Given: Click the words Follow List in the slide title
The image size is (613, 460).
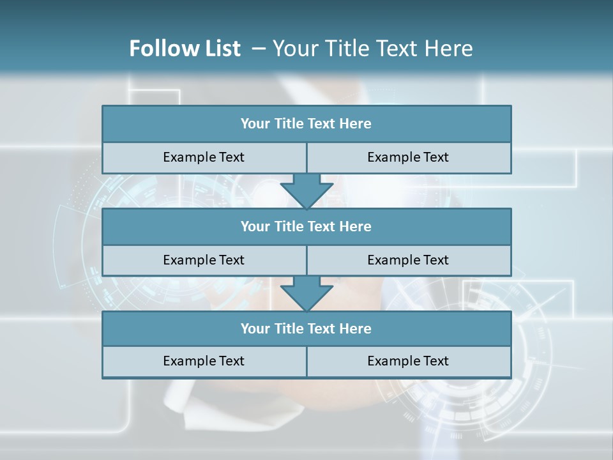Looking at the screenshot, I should pos(185,49).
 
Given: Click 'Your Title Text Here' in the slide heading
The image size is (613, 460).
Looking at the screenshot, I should pos(372,49).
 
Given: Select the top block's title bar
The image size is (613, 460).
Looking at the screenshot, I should pos(306,124).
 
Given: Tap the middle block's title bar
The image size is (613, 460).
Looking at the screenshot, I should pos(306,226).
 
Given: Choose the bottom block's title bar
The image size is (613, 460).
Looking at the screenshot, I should pos(306,328).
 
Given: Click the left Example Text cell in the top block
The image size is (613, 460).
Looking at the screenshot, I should pos(204,157).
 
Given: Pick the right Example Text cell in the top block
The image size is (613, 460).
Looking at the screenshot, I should pos(409,157).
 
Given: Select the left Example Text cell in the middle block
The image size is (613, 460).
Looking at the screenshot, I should pos(204,260).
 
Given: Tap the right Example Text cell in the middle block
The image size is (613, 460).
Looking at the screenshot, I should pos(409,260).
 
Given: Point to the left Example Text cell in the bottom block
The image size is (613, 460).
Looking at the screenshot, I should pos(204,361).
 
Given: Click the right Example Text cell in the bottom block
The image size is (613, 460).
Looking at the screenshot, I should pos(409,361).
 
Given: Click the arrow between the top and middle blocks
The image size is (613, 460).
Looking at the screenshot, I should pos(306,190).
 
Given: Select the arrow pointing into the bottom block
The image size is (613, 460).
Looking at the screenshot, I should pos(306,293).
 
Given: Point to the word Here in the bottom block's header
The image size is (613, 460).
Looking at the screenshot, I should pos(356,328).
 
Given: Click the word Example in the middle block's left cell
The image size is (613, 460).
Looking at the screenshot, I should pos(188,260).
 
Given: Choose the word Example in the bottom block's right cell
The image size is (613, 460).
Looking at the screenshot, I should pos(393,361).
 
